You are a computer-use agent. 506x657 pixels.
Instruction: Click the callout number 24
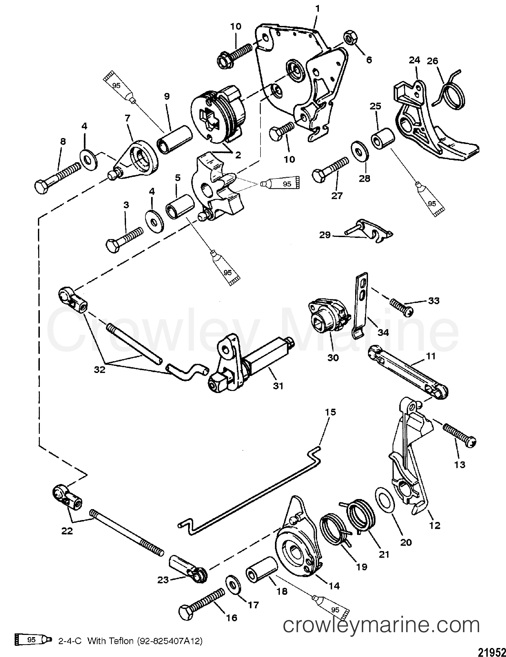[x=414, y=61]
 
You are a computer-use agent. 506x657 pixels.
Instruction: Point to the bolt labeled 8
[x=57, y=178]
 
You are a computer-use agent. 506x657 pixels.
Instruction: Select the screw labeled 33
[x=402, y=304]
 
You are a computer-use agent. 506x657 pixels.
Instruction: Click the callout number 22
[x=67, y=540]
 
